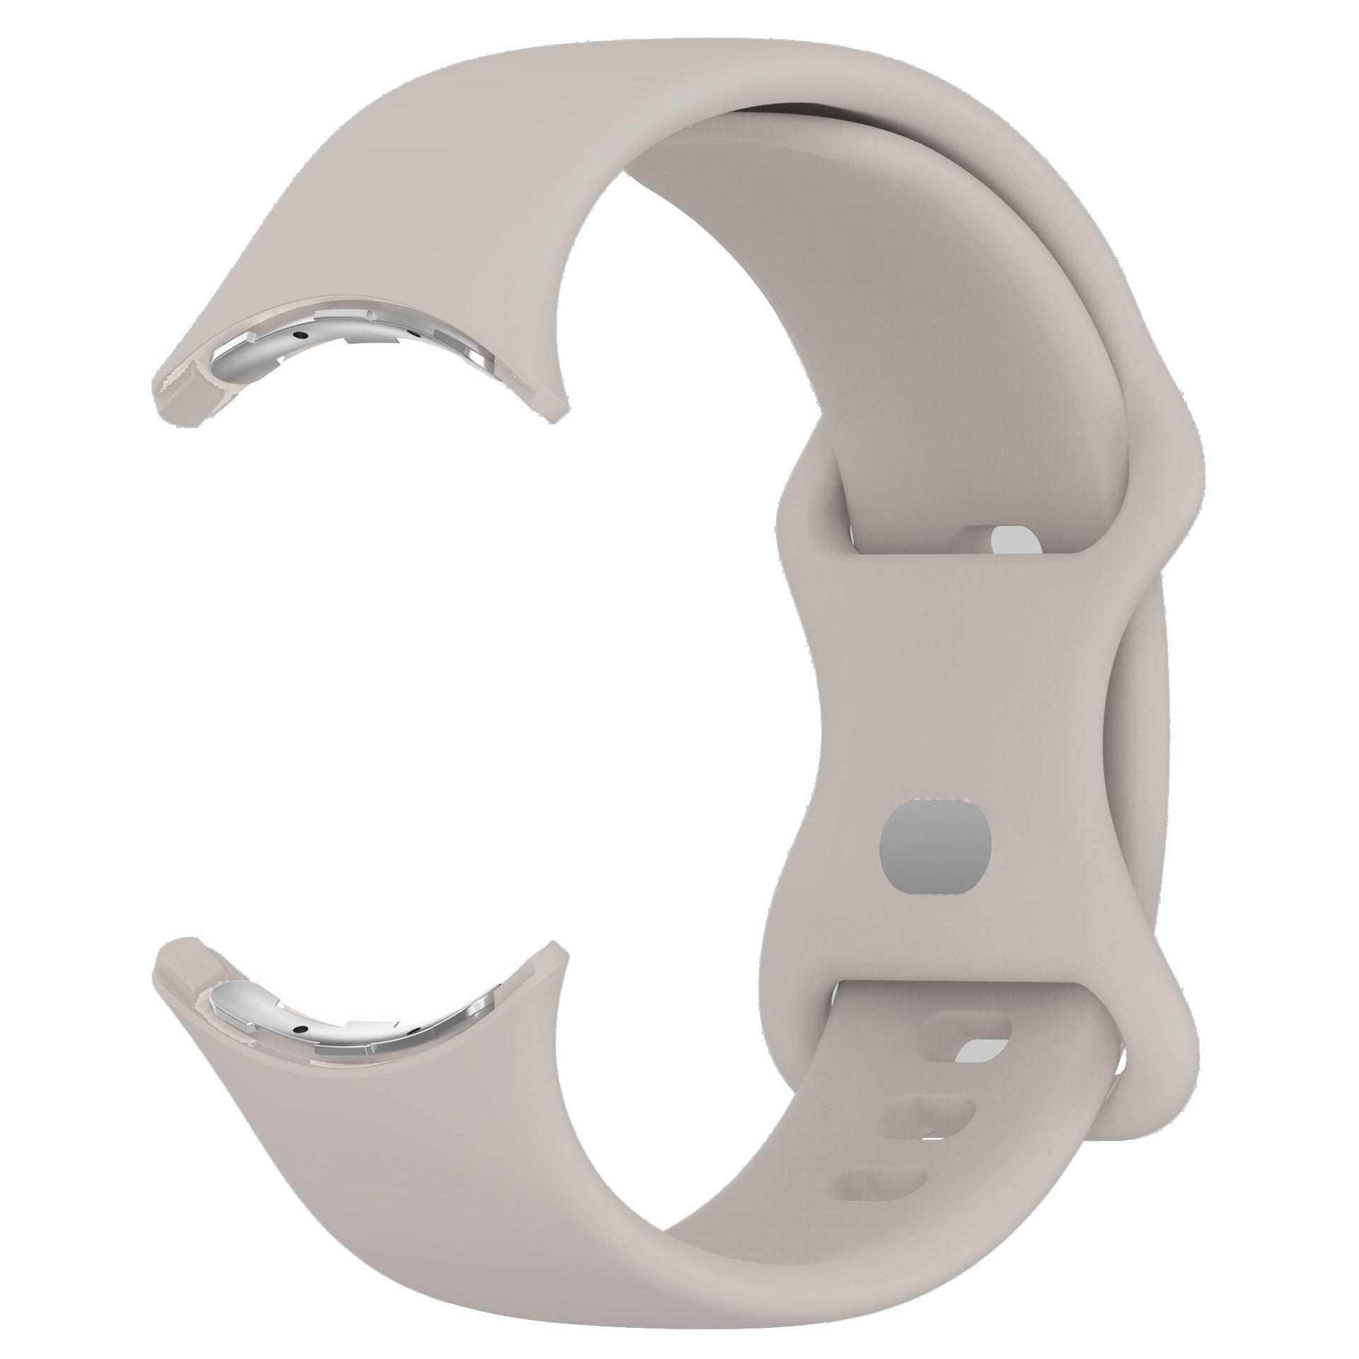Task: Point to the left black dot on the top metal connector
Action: click(x=301, y=336)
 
